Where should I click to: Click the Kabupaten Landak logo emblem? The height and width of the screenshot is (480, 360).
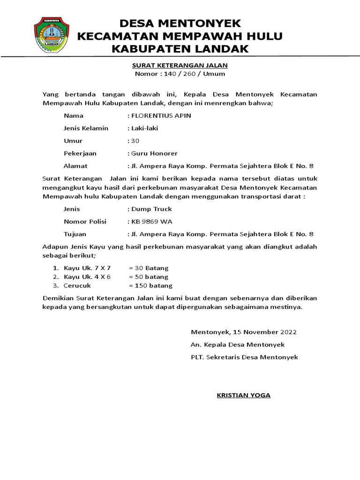(51, 35)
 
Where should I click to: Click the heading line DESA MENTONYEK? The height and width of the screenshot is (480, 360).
(180, 23)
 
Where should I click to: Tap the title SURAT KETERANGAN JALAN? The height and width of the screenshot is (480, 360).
(180, 65)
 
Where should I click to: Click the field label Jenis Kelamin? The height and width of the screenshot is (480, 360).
(86, 128)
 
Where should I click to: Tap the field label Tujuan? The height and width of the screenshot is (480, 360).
(75, 234)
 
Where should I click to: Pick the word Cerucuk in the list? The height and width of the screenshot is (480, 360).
(77, 285)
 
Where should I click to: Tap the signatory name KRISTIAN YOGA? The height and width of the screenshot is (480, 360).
(243, 395)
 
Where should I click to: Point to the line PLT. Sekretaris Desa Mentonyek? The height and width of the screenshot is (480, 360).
(244, 357)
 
